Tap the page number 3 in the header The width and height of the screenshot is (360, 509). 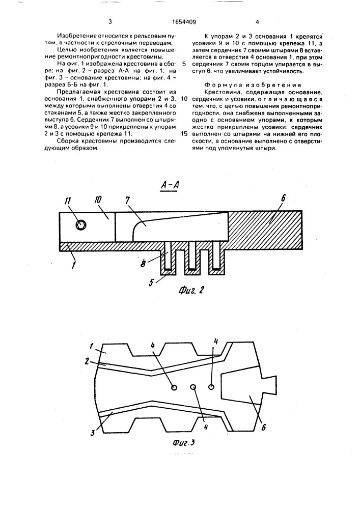pos(110,21)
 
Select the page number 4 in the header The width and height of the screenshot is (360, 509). pos(257,21)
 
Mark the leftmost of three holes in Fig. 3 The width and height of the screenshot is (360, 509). pos(174,387)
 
